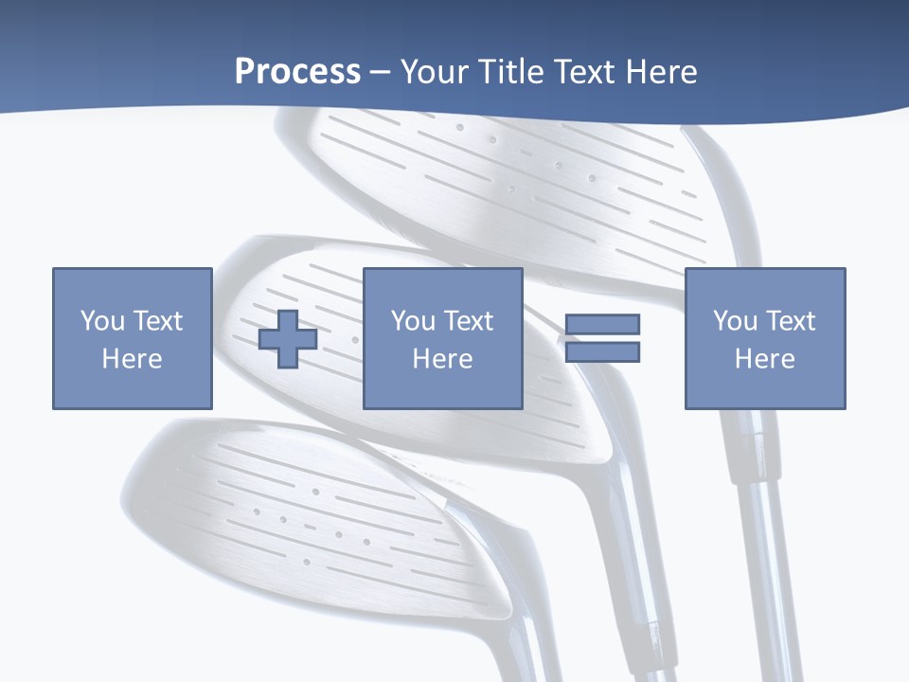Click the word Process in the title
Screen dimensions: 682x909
pos(297,72)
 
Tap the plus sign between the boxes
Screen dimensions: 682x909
pos(288,338)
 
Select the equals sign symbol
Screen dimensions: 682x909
pos(602,338)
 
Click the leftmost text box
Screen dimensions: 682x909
pos(132,338)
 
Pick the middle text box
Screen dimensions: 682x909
pos(442,338)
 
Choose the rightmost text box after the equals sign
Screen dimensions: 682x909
pos(764,338)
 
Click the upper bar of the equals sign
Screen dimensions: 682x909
pos(602,324)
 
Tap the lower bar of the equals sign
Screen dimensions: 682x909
pos(602,352)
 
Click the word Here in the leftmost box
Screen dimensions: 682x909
pos(132,359)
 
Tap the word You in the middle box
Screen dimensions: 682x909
pos(413,321)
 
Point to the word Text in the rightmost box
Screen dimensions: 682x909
pos(790,321)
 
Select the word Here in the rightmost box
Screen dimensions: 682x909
pos(764,359)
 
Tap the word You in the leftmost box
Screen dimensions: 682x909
pos(102,321)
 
